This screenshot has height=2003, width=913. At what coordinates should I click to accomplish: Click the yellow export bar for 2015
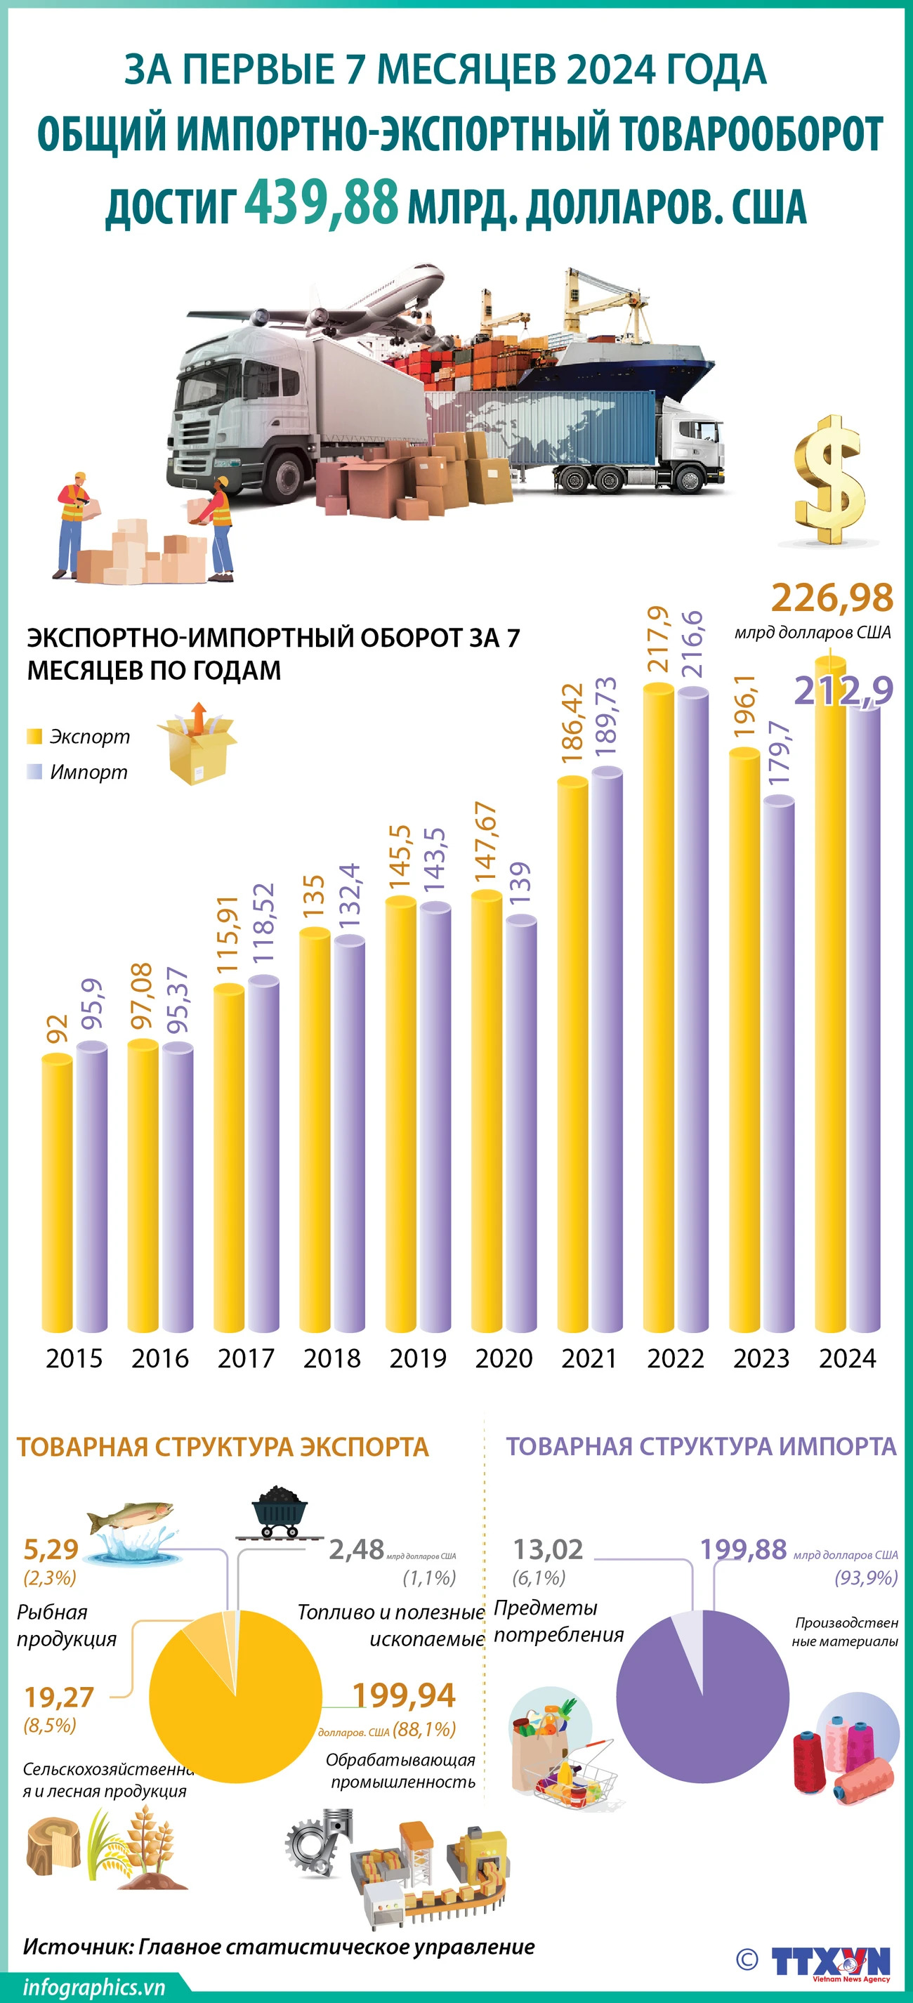tap(57, 1193)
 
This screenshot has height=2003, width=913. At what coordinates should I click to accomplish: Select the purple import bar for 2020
tap(521, 1124)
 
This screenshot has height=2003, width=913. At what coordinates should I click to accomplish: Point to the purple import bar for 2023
tap(778, 1065)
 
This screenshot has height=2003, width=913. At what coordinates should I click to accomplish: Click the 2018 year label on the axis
tap(331, 1358)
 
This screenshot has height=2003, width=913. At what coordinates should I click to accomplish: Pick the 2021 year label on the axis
tap(589, 1358)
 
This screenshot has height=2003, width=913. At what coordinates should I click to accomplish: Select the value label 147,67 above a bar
tap(486, 842)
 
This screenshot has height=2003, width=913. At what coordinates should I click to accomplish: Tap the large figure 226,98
tap(832, 598)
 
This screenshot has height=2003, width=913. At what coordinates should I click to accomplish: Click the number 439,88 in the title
tap(321, 202)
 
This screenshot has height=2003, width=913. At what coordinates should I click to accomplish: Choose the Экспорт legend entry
tap(78, 736)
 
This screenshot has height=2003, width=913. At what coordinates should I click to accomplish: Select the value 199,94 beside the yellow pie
tap(403, 1696)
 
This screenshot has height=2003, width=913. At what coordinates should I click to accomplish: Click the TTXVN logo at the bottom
tap(830, 1960)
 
